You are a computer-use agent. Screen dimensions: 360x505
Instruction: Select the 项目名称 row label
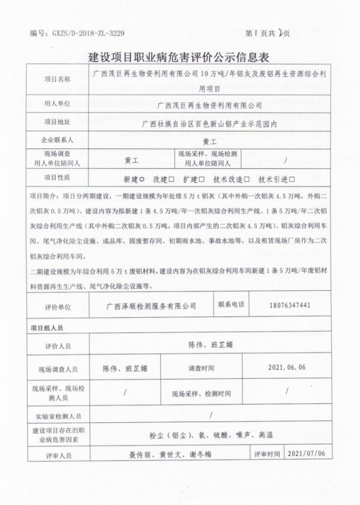pyautogui.click(x=56, y=80)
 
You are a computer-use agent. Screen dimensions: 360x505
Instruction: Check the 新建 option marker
pyautogui.click(x=141, y=179)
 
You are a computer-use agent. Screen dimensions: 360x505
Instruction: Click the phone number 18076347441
pyautogui.click(x=290, y=305)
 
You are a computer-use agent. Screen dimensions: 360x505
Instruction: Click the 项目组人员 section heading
pyautogui.click(x=47, y=326)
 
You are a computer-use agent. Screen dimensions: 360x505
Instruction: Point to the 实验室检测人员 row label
pyautogui.click(x=58, y=416)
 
